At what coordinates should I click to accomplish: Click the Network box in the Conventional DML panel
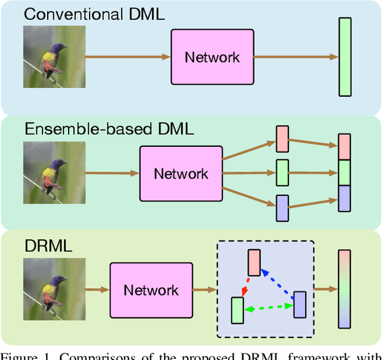(212, 57)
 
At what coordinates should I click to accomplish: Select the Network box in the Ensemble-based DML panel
(181, 173)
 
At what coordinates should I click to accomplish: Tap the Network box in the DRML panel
(151, 290)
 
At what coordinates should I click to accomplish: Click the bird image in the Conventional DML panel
(54, 57)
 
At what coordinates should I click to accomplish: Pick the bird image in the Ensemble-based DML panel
(54, 173)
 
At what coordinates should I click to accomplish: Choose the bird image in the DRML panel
(54, 290)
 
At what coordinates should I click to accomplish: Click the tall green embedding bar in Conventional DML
(345, 57)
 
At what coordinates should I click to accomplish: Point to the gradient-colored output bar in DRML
(344, 289)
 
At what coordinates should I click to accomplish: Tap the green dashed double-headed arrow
(269, 307)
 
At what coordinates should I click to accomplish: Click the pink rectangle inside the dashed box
(254, 263)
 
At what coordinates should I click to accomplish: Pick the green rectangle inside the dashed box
(238, 310)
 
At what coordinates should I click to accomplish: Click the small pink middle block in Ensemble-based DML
(282, 139)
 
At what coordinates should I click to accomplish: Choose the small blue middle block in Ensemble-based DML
(282, 208)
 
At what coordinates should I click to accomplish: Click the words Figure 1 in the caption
(22, 355)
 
